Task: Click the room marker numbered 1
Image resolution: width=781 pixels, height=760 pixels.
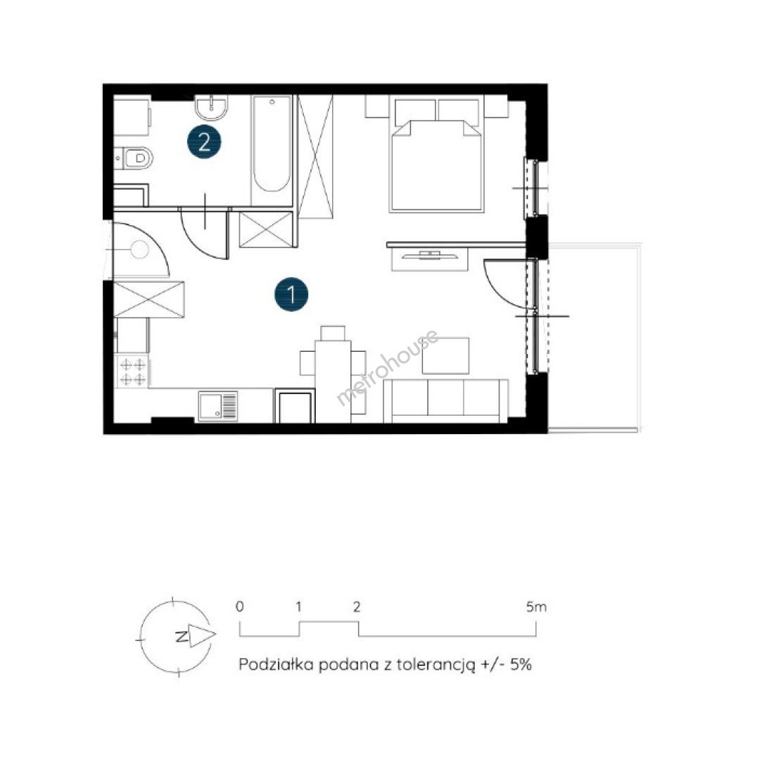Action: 291,295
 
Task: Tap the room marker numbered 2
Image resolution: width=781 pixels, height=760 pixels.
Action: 204,142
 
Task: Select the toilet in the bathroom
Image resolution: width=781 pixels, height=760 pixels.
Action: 134,158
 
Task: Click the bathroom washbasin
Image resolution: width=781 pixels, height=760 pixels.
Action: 212,107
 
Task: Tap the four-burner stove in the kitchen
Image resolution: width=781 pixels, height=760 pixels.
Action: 132,372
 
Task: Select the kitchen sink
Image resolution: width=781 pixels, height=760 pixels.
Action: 218,406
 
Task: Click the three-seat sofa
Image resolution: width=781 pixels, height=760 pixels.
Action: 446,401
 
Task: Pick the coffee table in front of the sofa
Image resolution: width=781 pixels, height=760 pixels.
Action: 446,355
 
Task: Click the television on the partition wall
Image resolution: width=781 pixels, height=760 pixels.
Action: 430,256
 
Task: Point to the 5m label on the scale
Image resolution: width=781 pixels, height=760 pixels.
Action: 536,607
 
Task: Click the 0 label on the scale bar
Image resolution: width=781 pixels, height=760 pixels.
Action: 240,607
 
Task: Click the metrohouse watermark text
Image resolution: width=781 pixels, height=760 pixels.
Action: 388,367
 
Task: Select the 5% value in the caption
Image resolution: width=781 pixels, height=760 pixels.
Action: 521,664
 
